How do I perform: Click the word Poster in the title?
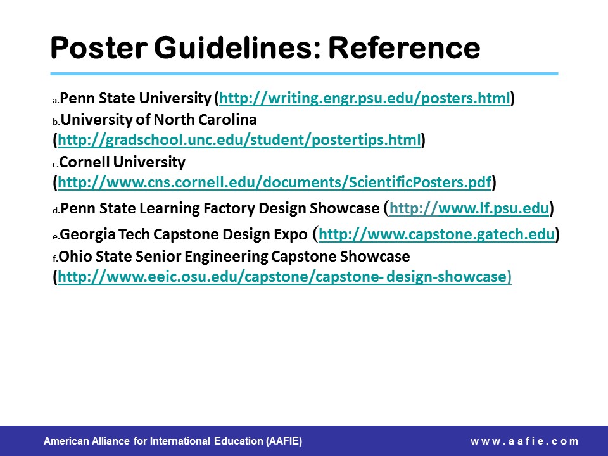pos(99,47)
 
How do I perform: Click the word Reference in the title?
pos(405,47)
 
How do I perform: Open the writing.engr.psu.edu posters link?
pos(365,99)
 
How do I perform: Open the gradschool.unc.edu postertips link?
pos(239,140)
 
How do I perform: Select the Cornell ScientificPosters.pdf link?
pos(274,182)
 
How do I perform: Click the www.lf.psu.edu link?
pos(469,208)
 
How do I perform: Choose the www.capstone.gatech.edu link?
pos(436,234)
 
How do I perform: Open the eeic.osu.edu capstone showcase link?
pos(284,277)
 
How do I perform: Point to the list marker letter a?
pos(56,101)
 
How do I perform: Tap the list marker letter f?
pos(55,258)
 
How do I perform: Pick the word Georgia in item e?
pos(87,235)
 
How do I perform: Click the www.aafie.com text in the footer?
pos(524,441)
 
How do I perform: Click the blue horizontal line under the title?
pos(304,73)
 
